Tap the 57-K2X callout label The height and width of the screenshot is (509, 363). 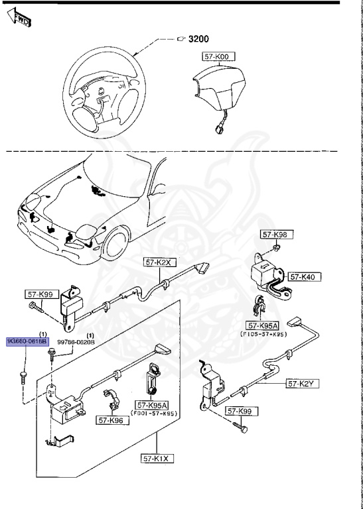pos(159,262)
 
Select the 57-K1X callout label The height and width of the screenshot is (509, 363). pos(156,457)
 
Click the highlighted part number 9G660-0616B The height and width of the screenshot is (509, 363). pos(27,341)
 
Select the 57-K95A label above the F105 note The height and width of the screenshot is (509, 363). pos(263,325)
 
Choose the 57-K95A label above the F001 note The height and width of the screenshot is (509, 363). pos(153,405)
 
